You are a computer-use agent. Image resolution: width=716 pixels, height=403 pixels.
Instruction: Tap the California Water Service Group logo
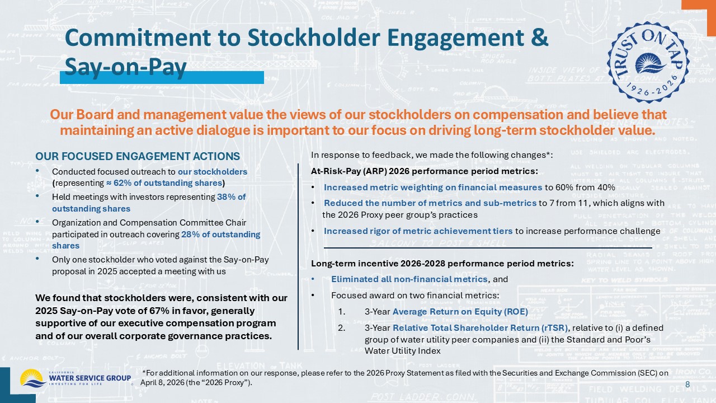click(x=76, y=378)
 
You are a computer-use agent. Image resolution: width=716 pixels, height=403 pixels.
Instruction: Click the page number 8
click(x=687, y=383)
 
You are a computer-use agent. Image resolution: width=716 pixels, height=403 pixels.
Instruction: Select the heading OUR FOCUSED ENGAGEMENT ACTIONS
click(x=138, y=156)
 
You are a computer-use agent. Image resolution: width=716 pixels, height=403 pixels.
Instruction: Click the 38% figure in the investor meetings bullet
click(x=231, y=197)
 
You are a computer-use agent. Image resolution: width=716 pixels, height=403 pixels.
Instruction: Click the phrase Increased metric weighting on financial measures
click(x=433, y=188)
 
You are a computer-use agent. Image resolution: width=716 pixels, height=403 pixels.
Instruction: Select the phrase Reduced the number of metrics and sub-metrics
click(x=430, y=203)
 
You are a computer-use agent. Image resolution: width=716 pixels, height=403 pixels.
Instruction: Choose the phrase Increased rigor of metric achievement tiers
click(x=418, y=231)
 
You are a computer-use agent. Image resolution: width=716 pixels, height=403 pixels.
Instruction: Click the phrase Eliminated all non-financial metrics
click(x=409, y=279)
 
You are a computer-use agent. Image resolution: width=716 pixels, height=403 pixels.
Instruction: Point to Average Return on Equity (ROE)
click(x=460, y=312)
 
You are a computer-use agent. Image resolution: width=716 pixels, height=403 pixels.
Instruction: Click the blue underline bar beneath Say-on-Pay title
click(x=162, y=77)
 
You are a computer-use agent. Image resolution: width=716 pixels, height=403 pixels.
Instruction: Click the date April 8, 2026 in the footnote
click(x=164, y=382)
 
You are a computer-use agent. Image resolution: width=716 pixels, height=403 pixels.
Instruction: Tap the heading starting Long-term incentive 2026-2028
click(x=442, y=264)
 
